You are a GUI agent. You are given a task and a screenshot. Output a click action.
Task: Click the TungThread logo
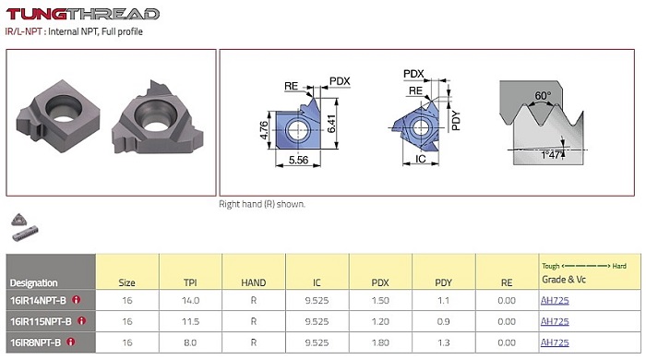point(82,14)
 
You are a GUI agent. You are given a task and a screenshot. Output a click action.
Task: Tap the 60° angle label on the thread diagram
point(543,96)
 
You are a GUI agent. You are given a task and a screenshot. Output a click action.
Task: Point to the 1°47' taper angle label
point(551,155)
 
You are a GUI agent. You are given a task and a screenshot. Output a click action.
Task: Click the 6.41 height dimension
point(331,124)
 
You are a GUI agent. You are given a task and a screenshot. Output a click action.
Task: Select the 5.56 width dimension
point(298,160)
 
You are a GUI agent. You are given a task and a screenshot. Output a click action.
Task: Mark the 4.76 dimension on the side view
point(264,130)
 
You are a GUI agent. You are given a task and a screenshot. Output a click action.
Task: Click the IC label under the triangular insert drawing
point(420,159)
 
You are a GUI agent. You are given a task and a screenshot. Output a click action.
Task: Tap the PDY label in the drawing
point(455,121)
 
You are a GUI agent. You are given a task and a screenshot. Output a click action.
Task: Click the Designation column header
point(34,283)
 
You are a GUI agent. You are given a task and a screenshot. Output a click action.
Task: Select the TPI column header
point(190,282)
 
